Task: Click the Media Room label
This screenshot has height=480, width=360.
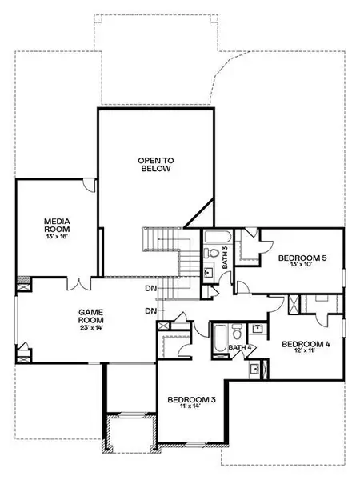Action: pos(57,225)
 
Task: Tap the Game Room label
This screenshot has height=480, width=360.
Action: pos(91,316)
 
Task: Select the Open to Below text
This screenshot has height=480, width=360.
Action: pos(155,164)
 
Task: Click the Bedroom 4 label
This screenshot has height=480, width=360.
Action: pos(306,344)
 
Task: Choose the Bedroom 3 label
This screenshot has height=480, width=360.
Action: pos(191,399)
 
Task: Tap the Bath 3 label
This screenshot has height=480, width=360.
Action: pos(226,258)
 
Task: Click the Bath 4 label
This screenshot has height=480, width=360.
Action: pos(240,347)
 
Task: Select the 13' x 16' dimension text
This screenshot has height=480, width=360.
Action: pos(57,236)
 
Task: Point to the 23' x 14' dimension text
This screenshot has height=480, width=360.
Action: pos(91,327)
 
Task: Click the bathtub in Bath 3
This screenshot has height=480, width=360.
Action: pos(217,237)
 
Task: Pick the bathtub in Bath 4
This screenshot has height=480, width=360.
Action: pos(220,339)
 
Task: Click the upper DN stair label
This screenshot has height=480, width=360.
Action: pos(151,288)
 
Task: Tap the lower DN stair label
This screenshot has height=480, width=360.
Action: pos(151,311)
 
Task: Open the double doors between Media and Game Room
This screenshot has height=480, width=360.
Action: pos(79,284)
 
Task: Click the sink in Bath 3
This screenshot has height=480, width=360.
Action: pos(210,271)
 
